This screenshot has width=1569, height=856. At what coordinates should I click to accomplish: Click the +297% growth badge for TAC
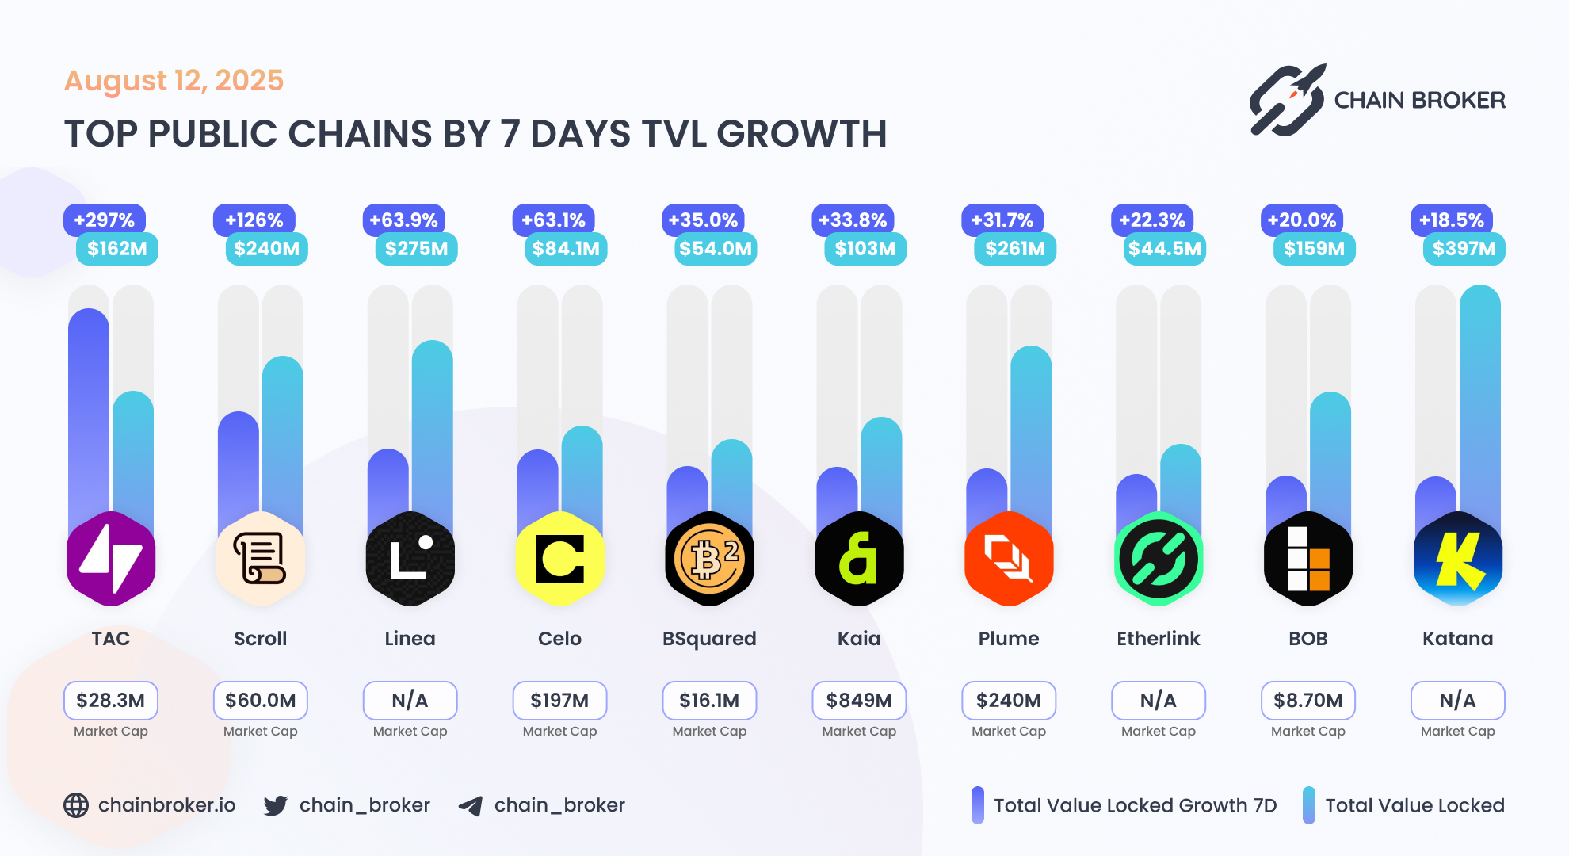pos(104,220)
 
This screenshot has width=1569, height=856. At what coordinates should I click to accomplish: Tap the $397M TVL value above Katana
pos(1464,249)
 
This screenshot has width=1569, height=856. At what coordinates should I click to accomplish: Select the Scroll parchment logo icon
pos(260,559)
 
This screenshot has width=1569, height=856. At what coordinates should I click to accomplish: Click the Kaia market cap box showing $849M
pos(859,701)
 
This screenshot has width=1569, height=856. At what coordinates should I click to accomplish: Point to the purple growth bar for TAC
pos(89,412)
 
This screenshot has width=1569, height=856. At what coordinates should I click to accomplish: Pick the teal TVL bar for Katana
pos(1479,396)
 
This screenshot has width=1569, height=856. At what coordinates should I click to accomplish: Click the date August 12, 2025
pos(174,80)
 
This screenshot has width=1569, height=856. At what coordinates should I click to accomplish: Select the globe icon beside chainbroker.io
pos(76,805)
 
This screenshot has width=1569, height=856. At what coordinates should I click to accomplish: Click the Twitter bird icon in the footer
pos(275,805)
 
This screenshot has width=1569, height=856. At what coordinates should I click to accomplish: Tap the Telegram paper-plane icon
pos(471,806)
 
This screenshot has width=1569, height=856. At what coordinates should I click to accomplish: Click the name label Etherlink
pos(1158,639)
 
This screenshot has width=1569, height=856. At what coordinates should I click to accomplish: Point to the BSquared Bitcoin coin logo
pos(709,559)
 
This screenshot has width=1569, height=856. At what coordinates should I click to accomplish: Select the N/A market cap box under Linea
pos(410,701)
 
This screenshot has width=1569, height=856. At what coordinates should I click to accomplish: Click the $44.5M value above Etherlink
pos(1164,249)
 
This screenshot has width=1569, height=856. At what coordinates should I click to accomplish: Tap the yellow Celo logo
pos(559,559)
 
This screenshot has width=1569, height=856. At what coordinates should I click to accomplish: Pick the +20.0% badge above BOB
pos(1302,220)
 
